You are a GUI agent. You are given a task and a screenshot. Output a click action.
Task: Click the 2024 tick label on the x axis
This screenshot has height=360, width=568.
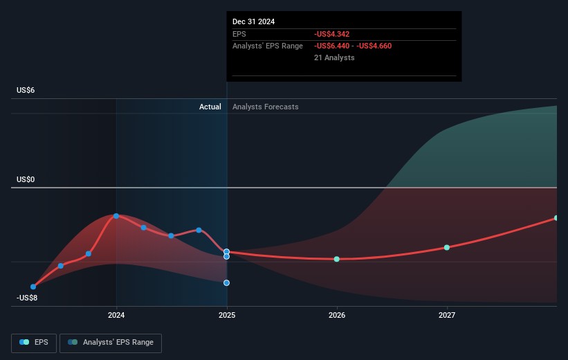(116, 316)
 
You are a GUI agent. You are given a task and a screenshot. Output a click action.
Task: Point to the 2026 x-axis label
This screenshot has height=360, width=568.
(337, 316)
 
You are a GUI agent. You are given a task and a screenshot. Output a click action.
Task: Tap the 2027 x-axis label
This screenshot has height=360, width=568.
(447, 316)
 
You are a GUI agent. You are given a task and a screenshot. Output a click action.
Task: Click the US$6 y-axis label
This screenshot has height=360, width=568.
(26, 91)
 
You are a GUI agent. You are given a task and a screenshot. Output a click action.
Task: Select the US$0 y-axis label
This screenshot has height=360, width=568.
(26, 180)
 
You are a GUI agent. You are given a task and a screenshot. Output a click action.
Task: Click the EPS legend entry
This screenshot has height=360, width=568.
(35, 342)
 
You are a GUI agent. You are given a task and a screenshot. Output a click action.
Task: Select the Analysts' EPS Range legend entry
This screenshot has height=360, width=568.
(111, 342)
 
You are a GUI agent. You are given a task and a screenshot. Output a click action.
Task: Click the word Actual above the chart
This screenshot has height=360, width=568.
(210, 107)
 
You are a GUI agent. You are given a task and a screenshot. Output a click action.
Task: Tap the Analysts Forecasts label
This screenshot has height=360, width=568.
(266, 107)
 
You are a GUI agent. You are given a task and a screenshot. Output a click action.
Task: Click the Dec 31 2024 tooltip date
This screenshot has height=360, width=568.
(253, 21)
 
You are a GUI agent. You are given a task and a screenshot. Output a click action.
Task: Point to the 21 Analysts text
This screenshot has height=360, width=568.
(334, 57)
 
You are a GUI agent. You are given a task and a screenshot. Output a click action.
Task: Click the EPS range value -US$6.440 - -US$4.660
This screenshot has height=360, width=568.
(357, 46)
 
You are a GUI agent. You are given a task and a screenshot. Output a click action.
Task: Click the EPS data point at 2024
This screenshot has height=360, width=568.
(116, 216)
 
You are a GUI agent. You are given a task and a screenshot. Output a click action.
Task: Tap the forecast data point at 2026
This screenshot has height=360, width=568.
(337, 259)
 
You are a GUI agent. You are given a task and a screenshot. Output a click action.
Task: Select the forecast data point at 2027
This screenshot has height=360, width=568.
(447, 247)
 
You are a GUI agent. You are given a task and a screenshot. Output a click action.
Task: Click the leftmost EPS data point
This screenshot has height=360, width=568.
(33, 286)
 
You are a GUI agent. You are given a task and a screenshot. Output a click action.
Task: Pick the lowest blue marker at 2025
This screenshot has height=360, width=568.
(227, 282)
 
